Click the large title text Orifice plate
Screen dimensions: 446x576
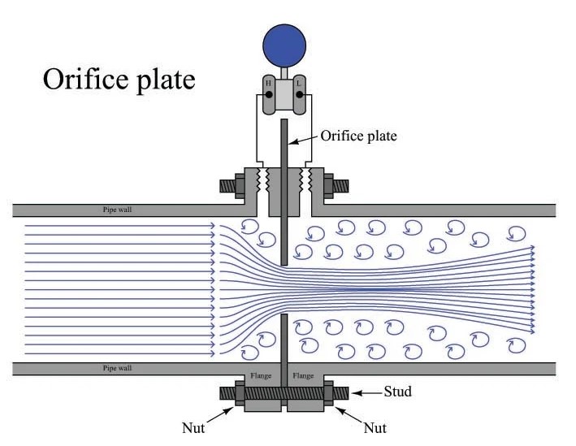coord(119,80)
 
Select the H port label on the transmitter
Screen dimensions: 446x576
coord(268,84)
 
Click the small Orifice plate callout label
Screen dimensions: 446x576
coord(358,136)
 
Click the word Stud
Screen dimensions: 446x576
coord(396,392)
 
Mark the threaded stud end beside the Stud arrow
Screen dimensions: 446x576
coord(340,392)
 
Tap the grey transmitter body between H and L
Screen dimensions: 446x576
coord(283,96)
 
